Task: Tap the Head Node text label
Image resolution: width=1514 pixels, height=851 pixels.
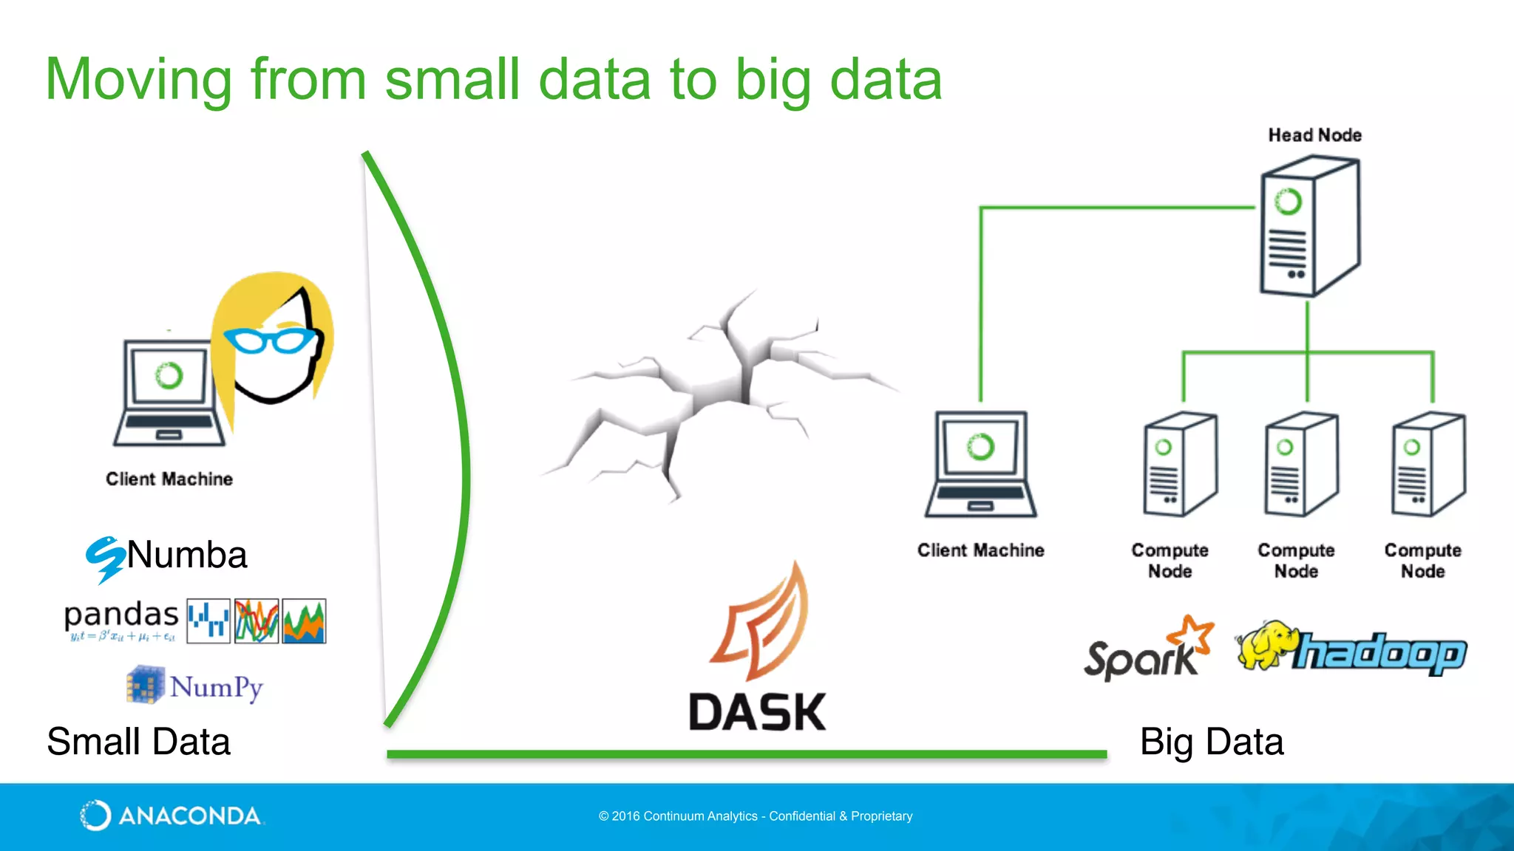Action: pyautogui.click(x=1314, y=135)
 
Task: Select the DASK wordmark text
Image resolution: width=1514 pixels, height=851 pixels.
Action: pyautogui.click(x=757, y=712)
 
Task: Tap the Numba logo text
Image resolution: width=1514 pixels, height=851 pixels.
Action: pyautogui.click(x=186, y=555)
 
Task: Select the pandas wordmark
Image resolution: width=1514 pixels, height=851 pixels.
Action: pyautogui.click(x=121, y=615)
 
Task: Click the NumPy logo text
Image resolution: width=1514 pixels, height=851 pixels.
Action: pyautogui.click(x=216, y=687)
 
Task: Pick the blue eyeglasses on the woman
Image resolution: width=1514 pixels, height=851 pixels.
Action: pyautogui.click(x=272, y=340)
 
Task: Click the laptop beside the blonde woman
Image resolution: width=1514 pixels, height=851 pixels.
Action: pyautogui.click(x=168, y=394)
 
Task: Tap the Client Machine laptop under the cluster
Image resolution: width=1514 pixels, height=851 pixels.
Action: pyautogui.click(x=980, y=465)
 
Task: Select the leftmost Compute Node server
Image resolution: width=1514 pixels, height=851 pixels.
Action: pyautogui.click(x=1179, y=465)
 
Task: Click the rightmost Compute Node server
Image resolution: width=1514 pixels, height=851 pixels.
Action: pyautogui.click(x=1427, y=465)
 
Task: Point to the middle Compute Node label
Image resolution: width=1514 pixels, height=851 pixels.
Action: pyautogui.click(x=1296, y=561)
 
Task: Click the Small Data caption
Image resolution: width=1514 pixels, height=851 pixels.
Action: pyautogui.click(x=138, y=742)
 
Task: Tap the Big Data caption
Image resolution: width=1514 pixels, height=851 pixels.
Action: pyautogui.click(x=1211, y=742)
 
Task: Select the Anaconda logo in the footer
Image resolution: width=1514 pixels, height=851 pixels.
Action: pyautogui.click(x=170, y=816)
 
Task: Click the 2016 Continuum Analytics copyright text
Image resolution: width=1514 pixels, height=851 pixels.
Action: pyautogui.click(x=756, y=816)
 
